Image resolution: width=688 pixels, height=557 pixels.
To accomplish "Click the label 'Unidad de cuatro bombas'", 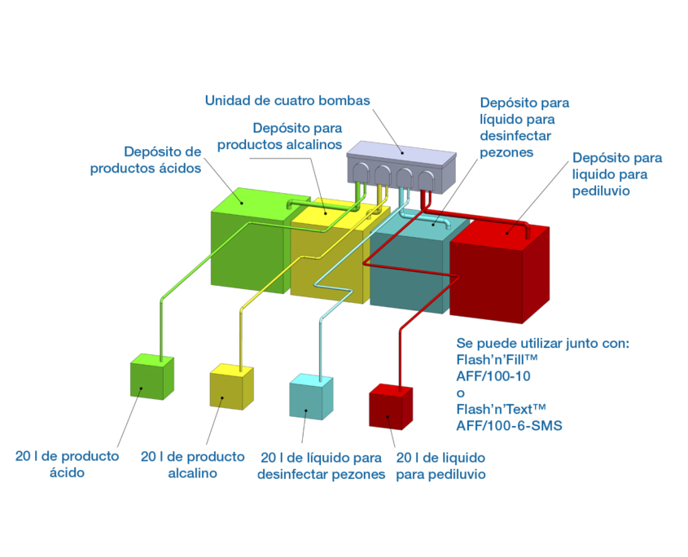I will tap(287, 101).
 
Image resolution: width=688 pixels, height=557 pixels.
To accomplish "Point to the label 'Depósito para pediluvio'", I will tap(617, 173).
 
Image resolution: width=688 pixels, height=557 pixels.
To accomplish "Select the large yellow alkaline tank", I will tap(326, 261).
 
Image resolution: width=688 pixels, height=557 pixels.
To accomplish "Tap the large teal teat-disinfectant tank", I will tap(407, 273).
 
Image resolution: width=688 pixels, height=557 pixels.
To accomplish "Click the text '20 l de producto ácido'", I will tap(67, 463).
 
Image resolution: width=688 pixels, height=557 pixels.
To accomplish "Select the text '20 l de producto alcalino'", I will tap(193, 464).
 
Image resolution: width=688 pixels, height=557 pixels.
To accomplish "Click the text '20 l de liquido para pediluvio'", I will tap(440, 465).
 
